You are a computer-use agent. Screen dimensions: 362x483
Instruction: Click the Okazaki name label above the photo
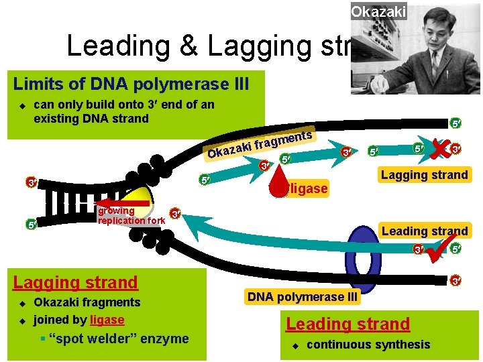point(378,12)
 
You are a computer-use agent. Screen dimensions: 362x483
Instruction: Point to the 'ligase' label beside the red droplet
point(309,189)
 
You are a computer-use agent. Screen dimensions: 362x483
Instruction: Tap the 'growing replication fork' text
point(130,216)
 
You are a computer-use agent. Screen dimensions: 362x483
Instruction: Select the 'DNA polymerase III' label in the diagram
point(303,296)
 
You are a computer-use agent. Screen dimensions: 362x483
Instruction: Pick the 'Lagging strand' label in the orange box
point(424,175)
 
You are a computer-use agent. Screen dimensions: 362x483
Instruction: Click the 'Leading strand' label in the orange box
point(424,231)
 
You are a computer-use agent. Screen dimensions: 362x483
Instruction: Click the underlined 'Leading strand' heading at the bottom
point(347,324)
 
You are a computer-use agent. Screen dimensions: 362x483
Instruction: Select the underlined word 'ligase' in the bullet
point(107,320)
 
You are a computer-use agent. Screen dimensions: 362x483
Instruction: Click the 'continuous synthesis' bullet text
point(368,345)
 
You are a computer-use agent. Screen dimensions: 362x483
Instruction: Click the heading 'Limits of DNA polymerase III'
point(131,84)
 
